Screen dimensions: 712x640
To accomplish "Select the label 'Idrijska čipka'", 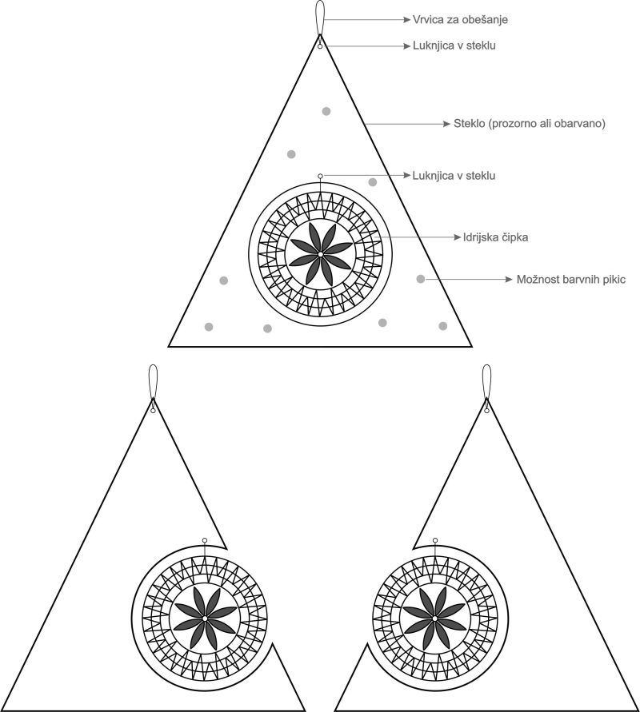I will point(496,237).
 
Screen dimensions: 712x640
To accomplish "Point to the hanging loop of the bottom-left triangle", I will point(153,382).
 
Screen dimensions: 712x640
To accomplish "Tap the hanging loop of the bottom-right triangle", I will point(486,382).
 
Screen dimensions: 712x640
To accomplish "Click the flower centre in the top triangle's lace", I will point(319,254).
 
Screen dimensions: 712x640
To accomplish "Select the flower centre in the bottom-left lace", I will point(205,619).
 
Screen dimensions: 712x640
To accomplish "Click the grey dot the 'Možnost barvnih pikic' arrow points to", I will point(421,279).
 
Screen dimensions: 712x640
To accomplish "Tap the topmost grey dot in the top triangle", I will point(326,111).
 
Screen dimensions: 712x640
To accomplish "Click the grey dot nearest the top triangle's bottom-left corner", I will point(209,326).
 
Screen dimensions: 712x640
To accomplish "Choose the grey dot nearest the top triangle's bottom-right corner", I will point(442,325).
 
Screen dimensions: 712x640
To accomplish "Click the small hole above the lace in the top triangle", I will point(320,176).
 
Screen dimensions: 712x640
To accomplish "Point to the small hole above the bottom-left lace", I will point(205,540).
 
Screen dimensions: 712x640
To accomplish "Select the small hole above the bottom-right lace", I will point(434,540).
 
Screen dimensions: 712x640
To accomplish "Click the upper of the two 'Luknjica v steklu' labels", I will point(454,46).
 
